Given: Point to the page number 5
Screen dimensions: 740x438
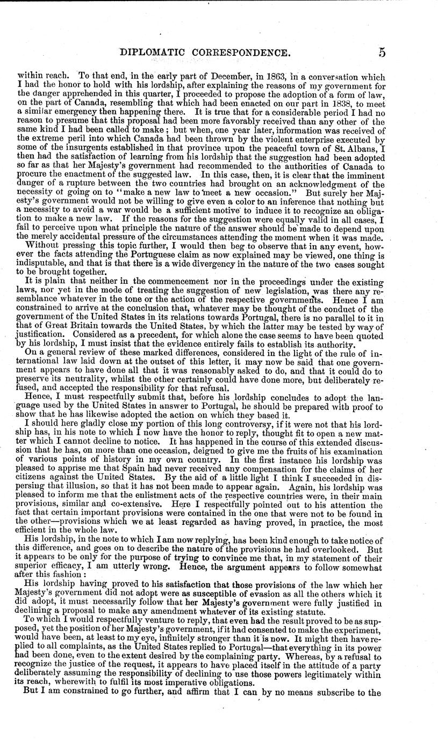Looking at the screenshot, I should coord(382,53).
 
